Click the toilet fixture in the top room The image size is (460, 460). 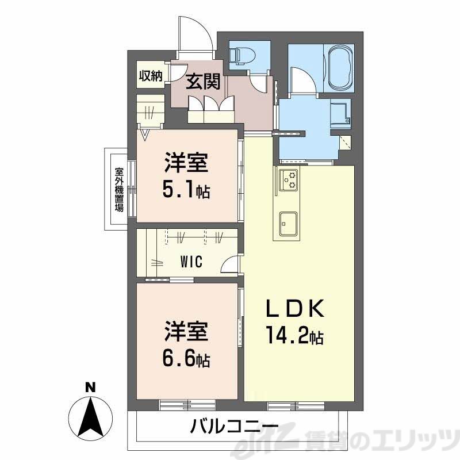(x=242, y=56)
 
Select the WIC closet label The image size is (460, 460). (x=190, y=262)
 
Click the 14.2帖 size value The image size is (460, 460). (x=294, y=335)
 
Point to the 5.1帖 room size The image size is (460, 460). (x=185, y=190)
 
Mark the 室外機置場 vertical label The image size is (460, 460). (x=119, y=190)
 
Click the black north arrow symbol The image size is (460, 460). (x=89, y=416)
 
